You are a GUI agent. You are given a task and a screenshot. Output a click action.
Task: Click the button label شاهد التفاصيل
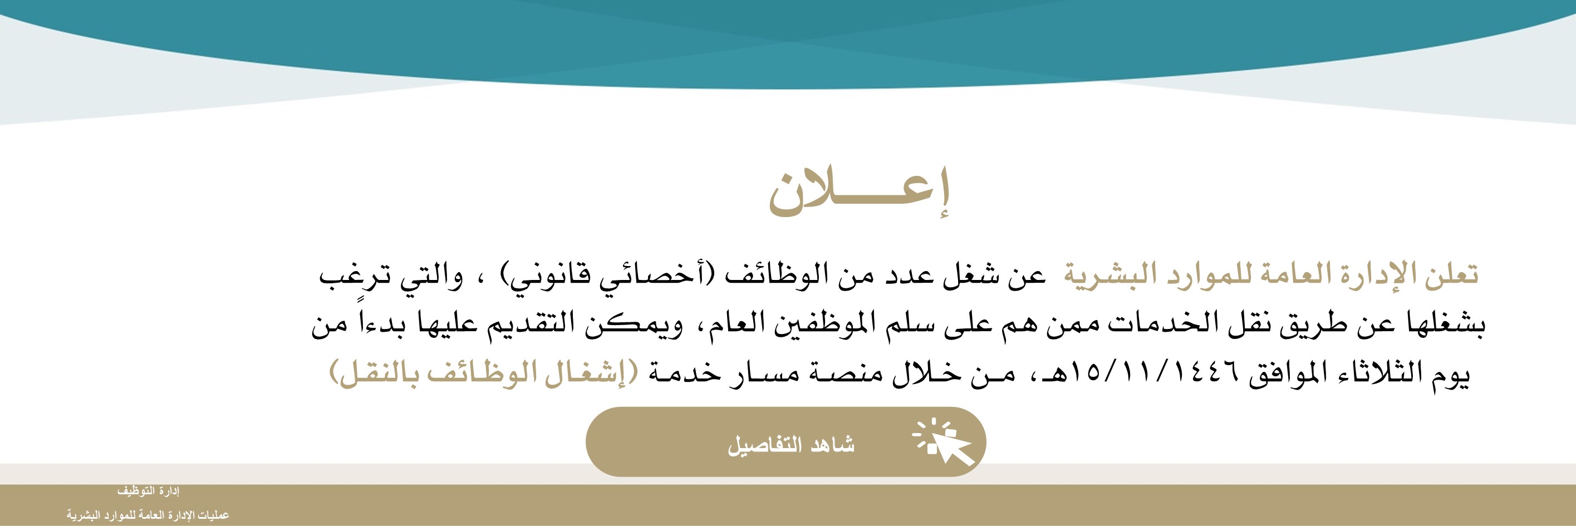coord(791,445)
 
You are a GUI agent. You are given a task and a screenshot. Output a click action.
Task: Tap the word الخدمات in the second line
coord(1166,323)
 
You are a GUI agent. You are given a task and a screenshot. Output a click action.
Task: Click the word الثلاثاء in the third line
coord(1379,371)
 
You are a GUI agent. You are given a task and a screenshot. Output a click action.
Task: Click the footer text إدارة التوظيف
coord(148,491)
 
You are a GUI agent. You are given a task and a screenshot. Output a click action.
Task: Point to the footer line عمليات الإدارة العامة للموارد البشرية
coord(148,515)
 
